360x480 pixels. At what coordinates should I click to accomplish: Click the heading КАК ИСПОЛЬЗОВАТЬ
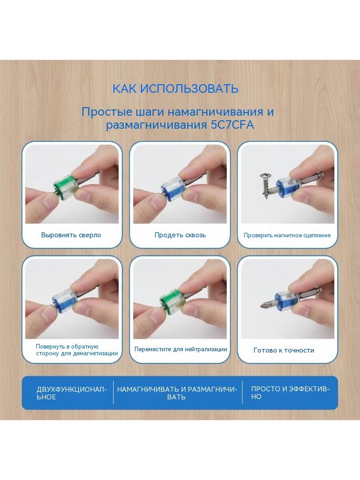(175, 88)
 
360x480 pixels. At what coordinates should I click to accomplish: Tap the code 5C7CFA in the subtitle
(233, 125)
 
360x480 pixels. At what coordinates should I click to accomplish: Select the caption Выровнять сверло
(71, 235)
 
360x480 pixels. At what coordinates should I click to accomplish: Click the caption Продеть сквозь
(180, 235)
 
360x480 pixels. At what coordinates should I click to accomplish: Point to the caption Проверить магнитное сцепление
(287, 235)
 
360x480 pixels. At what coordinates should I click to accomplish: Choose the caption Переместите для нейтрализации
(180, 349)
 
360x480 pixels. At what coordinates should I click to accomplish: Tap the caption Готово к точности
(284, 350)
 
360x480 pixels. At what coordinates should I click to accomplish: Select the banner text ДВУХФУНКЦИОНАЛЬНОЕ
(72, 393)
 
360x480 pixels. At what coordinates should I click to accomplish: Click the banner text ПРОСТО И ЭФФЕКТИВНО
(291, 393)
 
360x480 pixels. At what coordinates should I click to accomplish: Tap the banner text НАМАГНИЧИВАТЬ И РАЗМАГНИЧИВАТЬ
(177, 393)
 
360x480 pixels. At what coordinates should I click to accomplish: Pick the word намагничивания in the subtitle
(216, 112)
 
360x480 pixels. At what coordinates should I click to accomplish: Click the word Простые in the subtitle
(102, 112)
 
